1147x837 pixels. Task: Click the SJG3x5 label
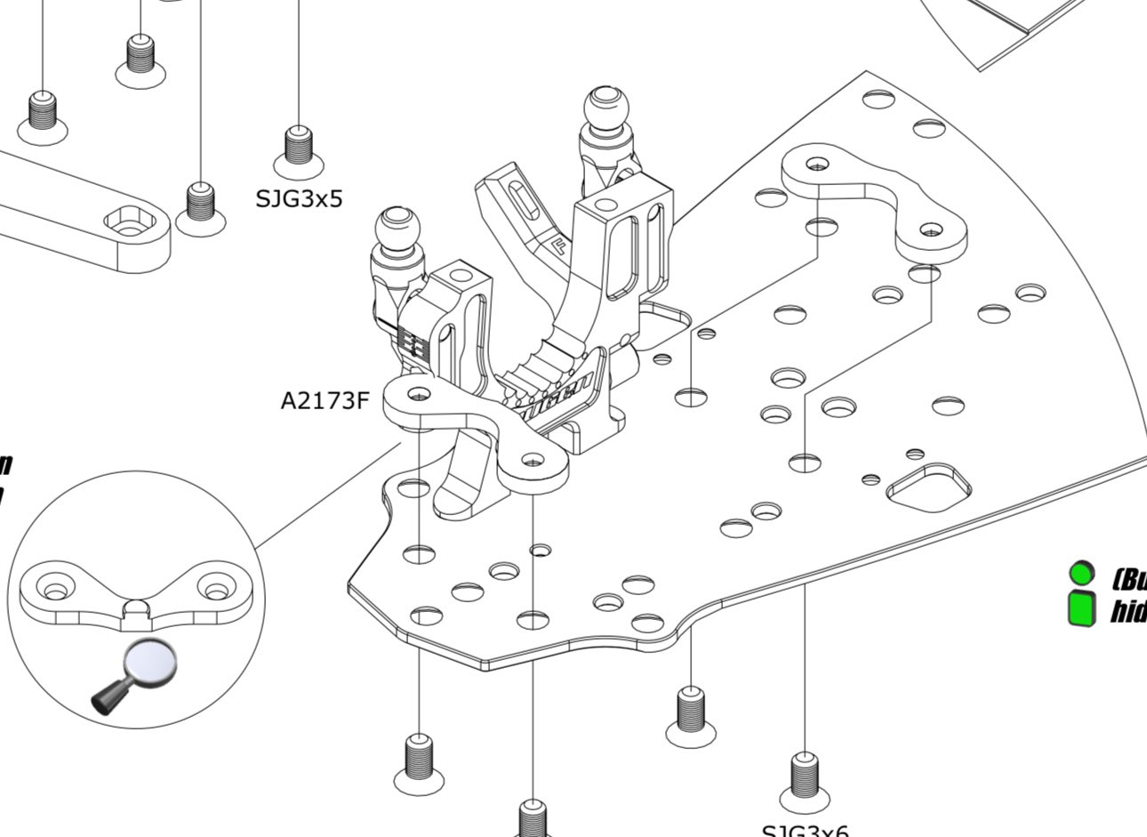point(299,197)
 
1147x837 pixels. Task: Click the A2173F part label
point(325,401)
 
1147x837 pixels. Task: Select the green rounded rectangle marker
point(1081,608)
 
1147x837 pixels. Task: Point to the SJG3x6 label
point(805,831)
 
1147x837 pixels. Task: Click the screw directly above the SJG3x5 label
point(299,147)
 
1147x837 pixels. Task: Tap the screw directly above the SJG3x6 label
point(804,777)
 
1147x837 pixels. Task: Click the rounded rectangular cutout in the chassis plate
point(929,486)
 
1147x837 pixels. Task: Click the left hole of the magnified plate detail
point(56,589)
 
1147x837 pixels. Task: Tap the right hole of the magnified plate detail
point(214,588)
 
